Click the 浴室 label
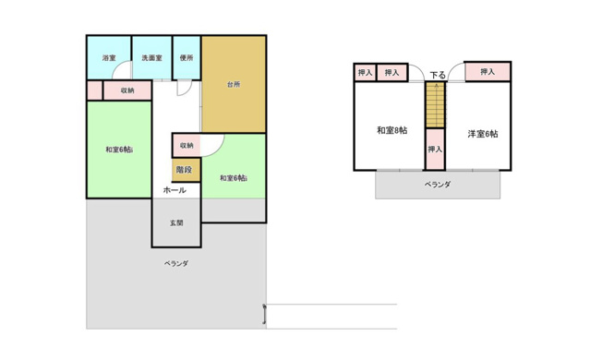click(108, 59)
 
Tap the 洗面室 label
click(151, 59)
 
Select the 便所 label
click(187, 59)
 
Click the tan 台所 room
click(234, 85)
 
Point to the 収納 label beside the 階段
click(187, 146)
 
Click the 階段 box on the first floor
click(185, 170)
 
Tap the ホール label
click(175, 190)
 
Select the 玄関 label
click(175, 222)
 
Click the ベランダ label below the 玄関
click(176, 264)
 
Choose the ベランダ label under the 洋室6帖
click(438, 185)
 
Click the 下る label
click(438, 75)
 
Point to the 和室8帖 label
click(391, 129)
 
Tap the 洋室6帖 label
click(483, 134)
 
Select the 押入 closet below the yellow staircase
click(435, 150)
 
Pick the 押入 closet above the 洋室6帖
click(488, 71)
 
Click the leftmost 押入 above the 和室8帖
click(365, 72)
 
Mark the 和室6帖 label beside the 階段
click(233, 178)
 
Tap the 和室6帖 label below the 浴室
click(118, 150)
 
